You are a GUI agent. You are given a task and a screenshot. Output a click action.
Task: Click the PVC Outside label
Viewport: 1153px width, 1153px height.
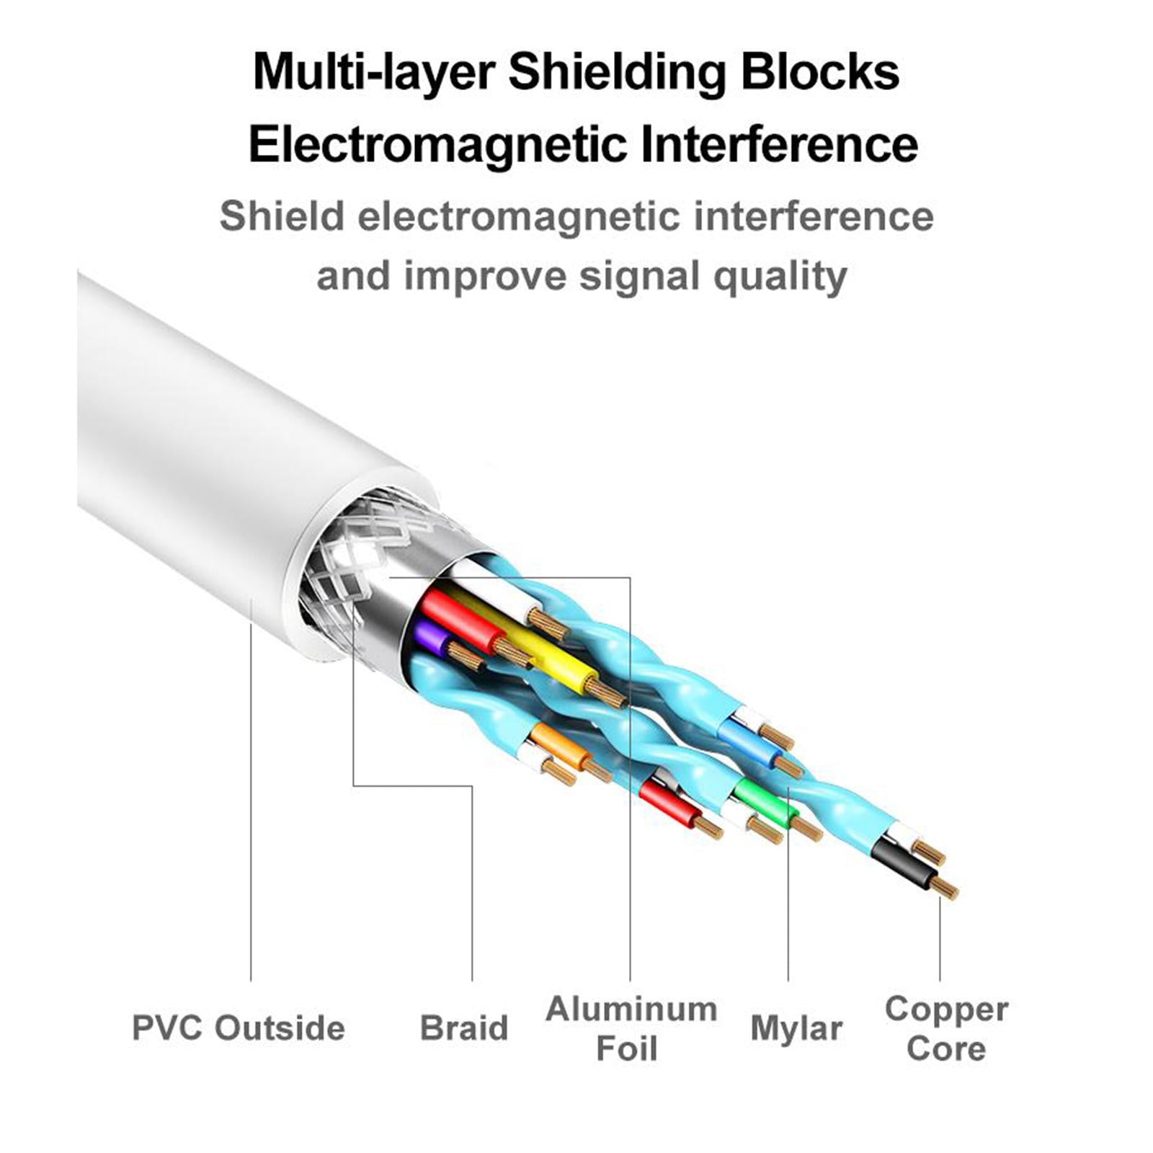(238, 1028)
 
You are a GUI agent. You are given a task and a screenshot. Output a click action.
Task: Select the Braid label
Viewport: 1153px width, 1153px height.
(463, 1028)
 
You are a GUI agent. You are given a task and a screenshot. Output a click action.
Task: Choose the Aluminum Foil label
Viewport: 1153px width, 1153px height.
(631, 1028)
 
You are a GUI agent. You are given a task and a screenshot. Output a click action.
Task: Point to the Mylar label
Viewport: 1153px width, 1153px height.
(796, 1028)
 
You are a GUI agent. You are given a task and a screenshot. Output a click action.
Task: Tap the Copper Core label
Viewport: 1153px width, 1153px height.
(945, 1028)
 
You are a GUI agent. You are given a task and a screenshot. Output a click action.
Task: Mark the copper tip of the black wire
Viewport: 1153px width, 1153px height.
(944, 888)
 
